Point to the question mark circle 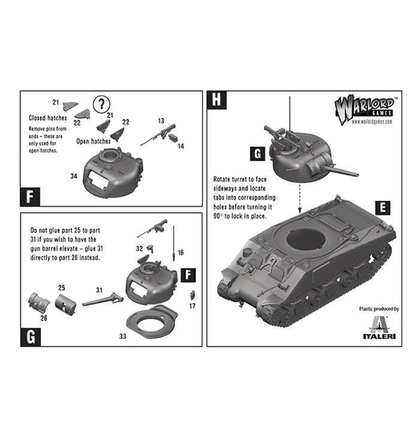click(x=105, y=102)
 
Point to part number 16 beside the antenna click(x=180, y=252)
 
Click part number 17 click(x=193, y=306)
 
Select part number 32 click(x=139, y=247)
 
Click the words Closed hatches click(x=47, y=118)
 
